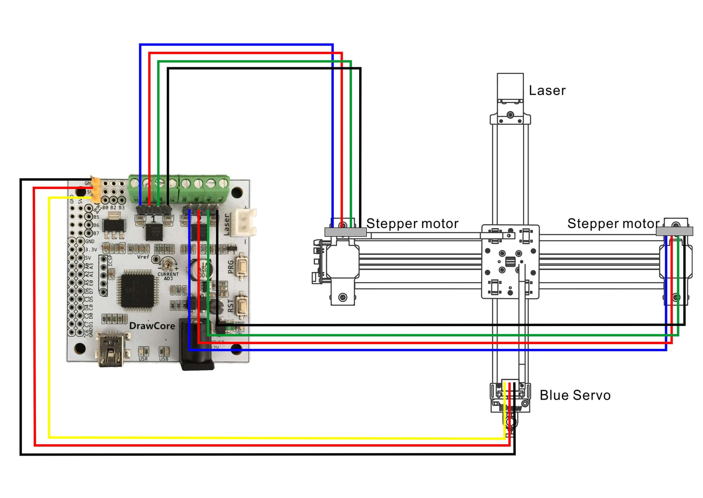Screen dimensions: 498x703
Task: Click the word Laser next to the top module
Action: [x=547, y=91]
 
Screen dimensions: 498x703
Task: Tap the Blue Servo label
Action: [x=575, y=395]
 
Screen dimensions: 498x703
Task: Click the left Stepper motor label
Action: [x=412, y=224]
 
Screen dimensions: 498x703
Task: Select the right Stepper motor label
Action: [x=613, y=224]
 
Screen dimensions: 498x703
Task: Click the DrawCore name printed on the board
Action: [x=152, y=326]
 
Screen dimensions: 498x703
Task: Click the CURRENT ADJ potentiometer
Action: [x=168, y=265]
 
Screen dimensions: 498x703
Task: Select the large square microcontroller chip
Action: [x=138, y=291]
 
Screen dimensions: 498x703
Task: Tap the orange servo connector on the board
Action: [x=96, y=190]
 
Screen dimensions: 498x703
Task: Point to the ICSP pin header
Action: [x=103, y=275]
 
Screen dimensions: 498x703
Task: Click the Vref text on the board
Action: [x=143, y=257]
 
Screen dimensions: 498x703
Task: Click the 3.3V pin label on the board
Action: [x=91, y=249]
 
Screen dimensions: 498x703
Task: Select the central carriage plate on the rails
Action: [x=510, y=262]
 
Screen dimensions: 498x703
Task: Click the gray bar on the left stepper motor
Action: [x=345, y=232]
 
